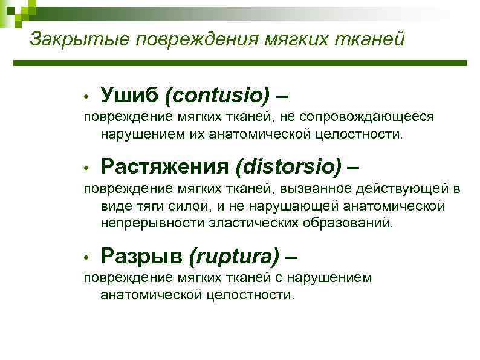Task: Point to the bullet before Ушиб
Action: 88,97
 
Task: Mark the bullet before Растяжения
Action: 88,168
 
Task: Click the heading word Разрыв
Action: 141,257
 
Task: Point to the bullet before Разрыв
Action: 88,259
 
